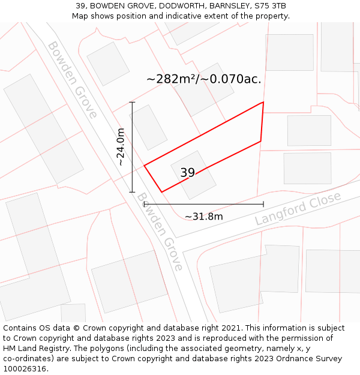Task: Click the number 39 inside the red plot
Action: click(x=187, y=173)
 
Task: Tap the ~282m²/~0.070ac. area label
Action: click(x=204, y=79)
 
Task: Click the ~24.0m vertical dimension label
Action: click(x=121, y=147)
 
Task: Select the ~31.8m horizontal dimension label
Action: click(x=203, y=217)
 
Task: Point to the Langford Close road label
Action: click(x=298, y=208)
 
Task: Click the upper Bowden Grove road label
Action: click(x=72, y=79)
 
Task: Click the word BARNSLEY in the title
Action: click(x=227, y=6)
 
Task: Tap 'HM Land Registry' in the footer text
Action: click(x=34, y=349)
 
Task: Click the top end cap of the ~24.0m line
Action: click(x=133, y=103)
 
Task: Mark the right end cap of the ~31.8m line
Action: click(x=263, y=205)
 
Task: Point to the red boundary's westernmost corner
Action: click(x=145, y=166)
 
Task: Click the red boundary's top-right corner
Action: click(x=263, y=103)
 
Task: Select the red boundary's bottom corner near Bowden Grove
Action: click(x=161, y=192)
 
